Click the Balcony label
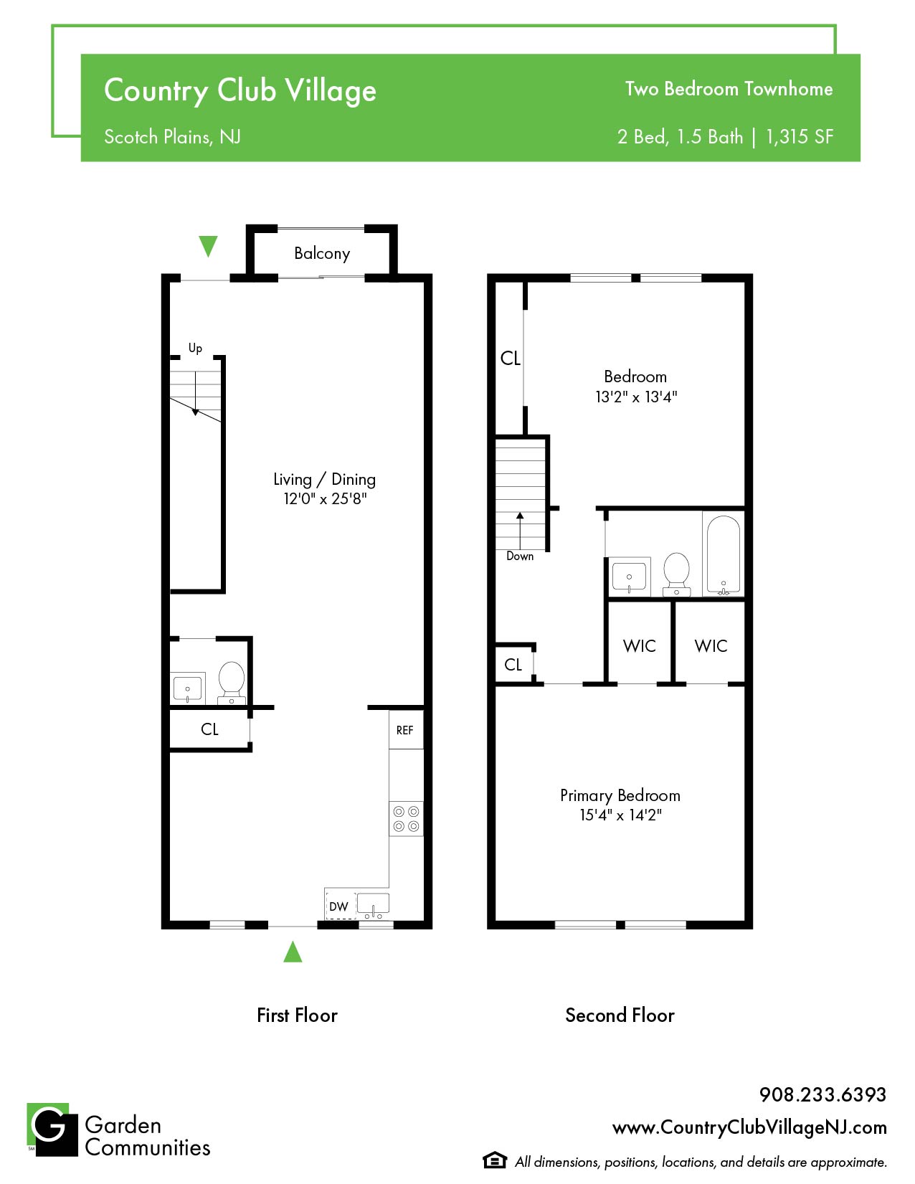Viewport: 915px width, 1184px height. [x=322, y=253]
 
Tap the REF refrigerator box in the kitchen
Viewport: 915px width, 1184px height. [x=406, y=729]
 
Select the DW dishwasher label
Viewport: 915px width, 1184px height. [x=338, y=906]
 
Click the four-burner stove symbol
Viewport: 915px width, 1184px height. [x=407, y=818]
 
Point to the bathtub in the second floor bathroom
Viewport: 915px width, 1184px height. [x=723, y=554]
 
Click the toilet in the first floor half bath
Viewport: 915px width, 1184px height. [x=232, y=683]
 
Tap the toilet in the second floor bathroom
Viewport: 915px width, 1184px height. [x=676, y=574]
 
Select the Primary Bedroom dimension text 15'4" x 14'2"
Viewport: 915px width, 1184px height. [x=620, y=815]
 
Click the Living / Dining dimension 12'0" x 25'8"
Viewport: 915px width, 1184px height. [x=325, y=498]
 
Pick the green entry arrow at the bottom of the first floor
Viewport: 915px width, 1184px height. [x=293, y=952]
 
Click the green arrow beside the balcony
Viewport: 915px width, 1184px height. [x=209, y=246]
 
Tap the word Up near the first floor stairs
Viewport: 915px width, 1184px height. [x=195, y=348]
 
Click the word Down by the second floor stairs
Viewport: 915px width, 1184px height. [x=520, y=556]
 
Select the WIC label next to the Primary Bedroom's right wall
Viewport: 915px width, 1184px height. [x=711, y=645]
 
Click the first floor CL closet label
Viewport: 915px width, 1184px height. [x=209, y=729]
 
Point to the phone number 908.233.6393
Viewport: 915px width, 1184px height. [x=823, y=1094]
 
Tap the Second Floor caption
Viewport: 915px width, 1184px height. [x=620, y=1015]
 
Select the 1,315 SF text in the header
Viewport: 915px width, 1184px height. [x=800, y=136]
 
